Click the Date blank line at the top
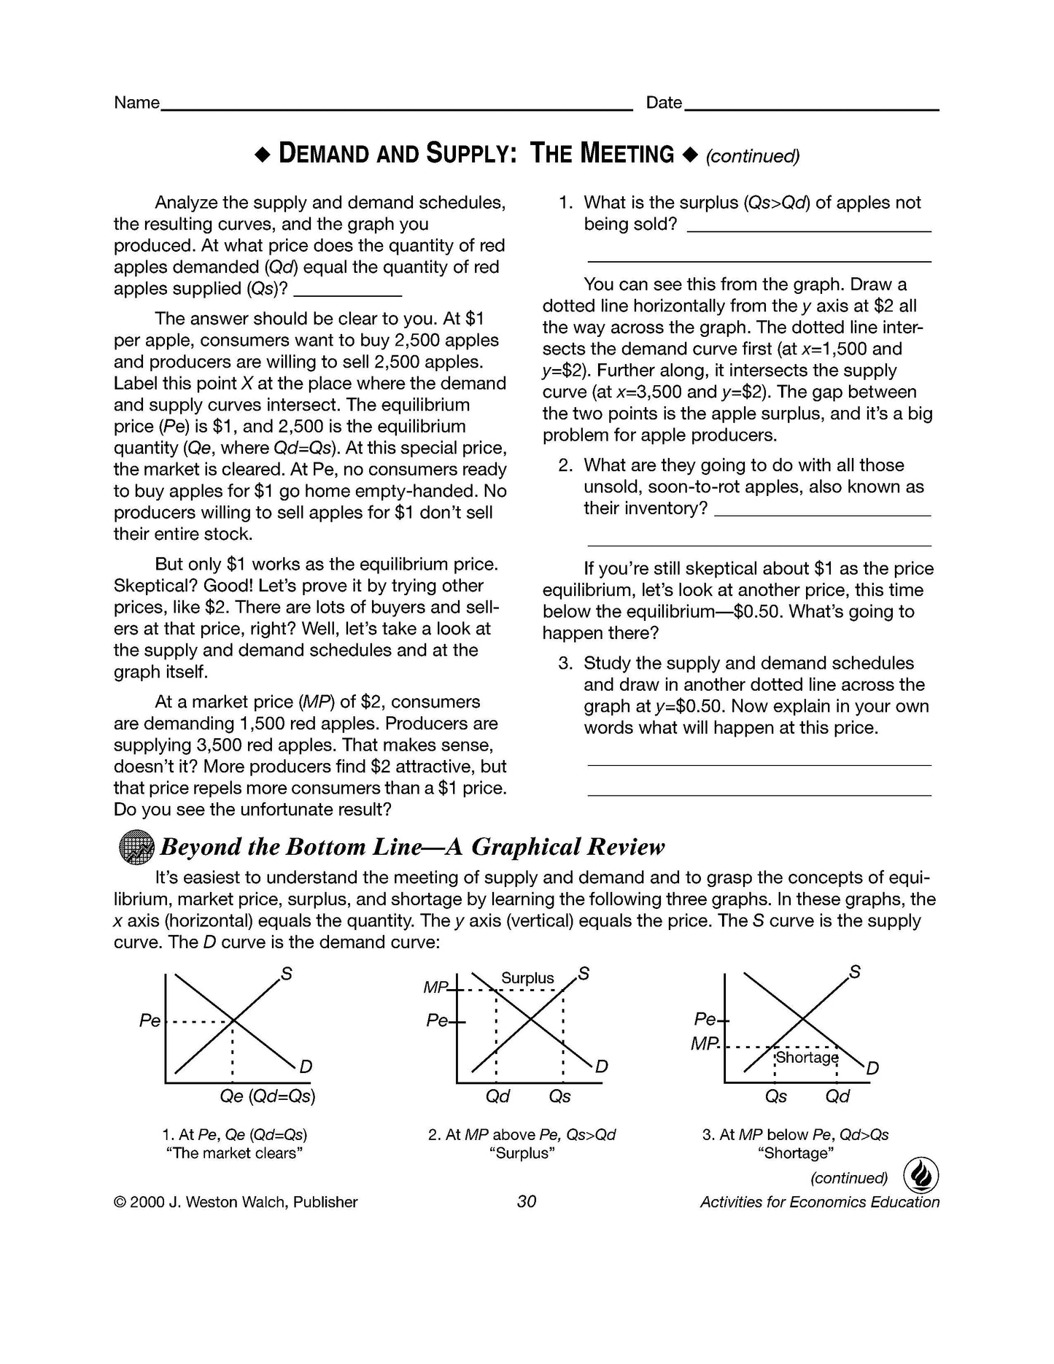(811, 109)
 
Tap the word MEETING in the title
(627, 154)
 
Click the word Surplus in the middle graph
(527, 978)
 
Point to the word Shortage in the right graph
(807, 1057)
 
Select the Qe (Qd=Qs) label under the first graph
(268, 1096)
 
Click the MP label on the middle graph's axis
(435, 988)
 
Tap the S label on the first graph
(287, 974)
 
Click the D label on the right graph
(872, 1069)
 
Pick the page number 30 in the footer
(526, 1201)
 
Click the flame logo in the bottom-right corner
(921, 1175)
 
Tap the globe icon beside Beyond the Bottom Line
(136, 848)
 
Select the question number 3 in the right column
(564, 664)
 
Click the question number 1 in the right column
(564, 203)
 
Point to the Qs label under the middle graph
(559, 1096)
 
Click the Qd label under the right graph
(837, 1096)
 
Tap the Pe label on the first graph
(150, 1020)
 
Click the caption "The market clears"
(234, 1153)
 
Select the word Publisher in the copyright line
(325, 1202)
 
